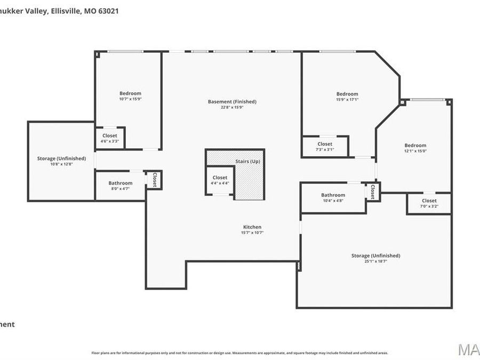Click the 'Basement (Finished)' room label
tap(232, 101)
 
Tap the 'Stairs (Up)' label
tap(247, 161)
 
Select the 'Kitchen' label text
tap(252, 227)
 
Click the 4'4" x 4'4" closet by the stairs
tap(220, 180)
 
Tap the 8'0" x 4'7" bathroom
tap(121, 186)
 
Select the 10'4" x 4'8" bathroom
tap(333, 197)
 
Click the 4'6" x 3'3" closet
tap(110, 138)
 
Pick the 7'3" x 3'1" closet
tap(325, 147)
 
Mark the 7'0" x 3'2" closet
tap(429, 203)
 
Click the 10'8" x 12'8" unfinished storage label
tap(61, 161)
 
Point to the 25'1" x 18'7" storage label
tap(375, 258)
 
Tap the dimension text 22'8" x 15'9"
tap(232, 107)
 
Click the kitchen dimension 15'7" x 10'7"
tap(252, 233)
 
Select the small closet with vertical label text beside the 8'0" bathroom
tap(155, 180)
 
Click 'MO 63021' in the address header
tap(101, 10)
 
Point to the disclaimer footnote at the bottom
tap(239, 353)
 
